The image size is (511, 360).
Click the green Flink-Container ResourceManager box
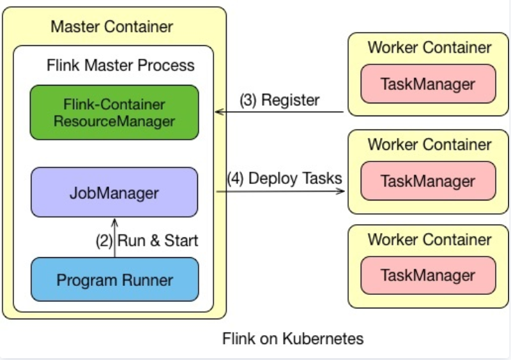[114, 112]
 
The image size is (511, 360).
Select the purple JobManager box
[114, 192]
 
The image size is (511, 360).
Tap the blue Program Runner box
[114, 280]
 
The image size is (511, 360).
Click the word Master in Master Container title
[76, 27]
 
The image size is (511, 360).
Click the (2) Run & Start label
[147, 241]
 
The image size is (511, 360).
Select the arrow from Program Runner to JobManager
[115, 237]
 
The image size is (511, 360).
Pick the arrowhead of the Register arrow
[218, 112]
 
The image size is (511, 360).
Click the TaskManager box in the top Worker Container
[428, 84]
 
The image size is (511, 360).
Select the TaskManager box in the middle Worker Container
[428, 181]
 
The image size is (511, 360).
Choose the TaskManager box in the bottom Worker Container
[428, 276]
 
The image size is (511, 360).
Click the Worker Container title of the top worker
[429, 48]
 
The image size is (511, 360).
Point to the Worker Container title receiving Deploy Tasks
[429, 144]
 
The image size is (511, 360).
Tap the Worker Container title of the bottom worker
[429, 240]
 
